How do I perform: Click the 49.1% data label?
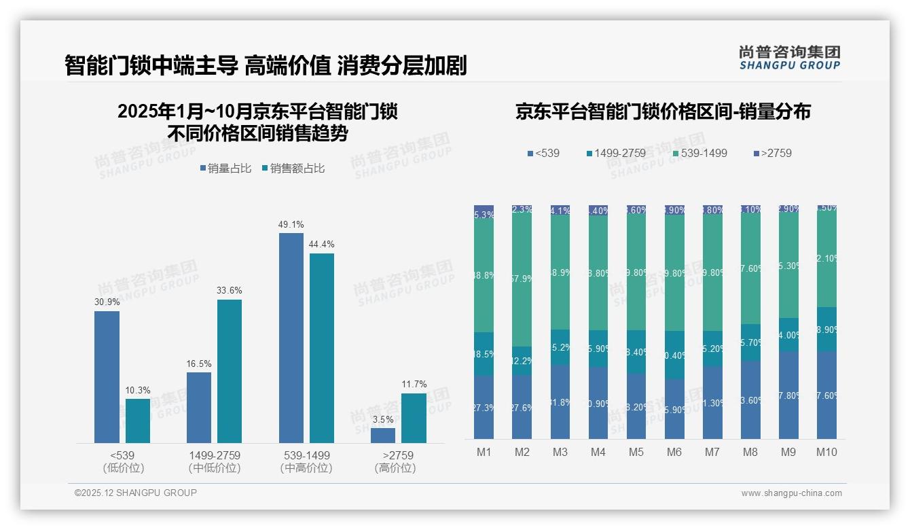pos(291,224)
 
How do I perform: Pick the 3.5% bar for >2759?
pos(383,436)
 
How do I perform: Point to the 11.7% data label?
pos(414,385)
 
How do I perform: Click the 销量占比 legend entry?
pos(226,169)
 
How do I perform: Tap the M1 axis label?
pos(484,453)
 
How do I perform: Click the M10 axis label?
pos(826,453)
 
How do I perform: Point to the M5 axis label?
pos(636,453)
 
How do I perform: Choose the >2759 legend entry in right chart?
pos(772,154)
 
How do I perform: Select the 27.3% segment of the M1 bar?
pos(484,407)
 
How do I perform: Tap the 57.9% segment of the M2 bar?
pos(522,279)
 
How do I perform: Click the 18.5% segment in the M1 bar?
pos(484,354)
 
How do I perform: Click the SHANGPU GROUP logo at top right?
pos(789,58)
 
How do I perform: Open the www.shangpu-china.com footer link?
pos(791,493)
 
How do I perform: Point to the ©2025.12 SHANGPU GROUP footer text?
pos(136,493)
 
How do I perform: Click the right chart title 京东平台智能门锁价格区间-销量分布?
pos(663,112)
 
